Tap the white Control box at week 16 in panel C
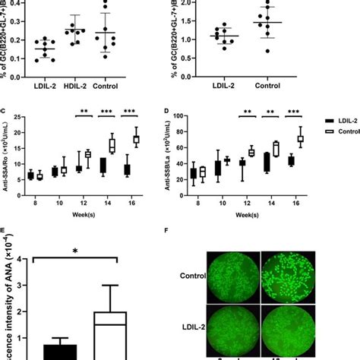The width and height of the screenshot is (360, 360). click(x=137, y=140)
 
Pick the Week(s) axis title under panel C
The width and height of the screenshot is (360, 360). click(x=86, y=215)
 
